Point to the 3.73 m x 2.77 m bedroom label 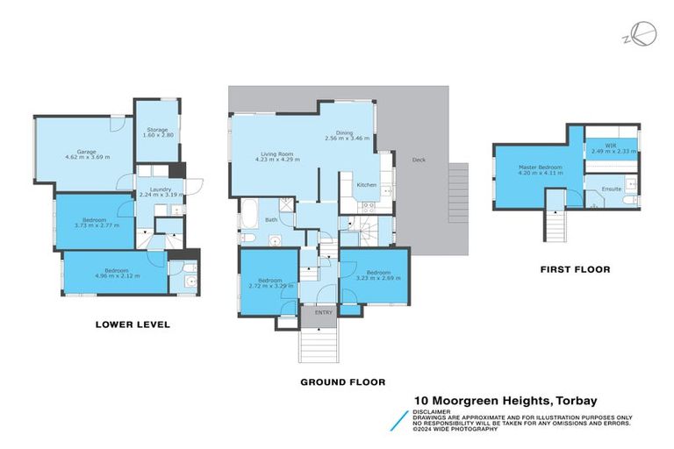94,223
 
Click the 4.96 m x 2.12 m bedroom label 115,272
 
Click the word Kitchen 366,185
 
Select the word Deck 418,160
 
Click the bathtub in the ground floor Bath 247,214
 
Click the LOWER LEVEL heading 132,324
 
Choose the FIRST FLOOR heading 575,269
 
